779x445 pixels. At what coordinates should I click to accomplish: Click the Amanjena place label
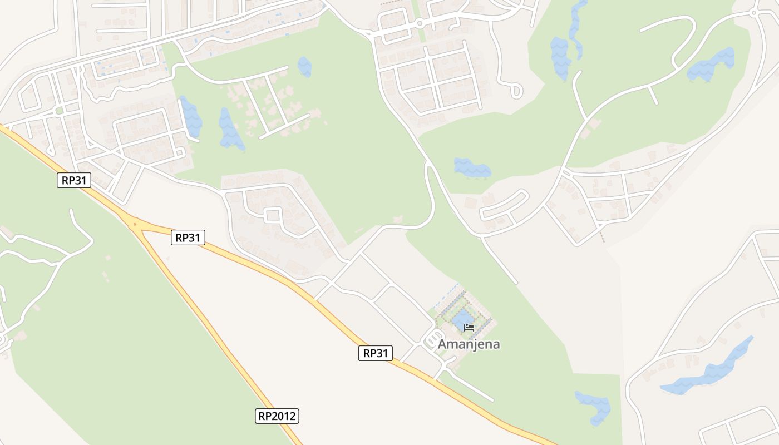pyautogui.click(x=469, y=344)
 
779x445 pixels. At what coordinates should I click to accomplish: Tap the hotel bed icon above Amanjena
pyautogui.click(x=469, y=327)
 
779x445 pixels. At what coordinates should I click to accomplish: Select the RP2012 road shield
pyautogui.click(x=277, y=416)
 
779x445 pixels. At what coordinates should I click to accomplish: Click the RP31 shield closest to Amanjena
pyautogui.click(x=376, y=353)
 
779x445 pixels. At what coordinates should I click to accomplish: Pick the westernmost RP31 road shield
pyautogui.click(x=74, y=180)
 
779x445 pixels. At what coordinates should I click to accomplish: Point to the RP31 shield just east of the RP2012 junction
pyautogui.click(x=188, y=238)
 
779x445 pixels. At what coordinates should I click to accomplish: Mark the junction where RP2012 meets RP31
pyautogui.click(x=134, y=225)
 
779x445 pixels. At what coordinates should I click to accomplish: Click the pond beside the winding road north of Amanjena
pyautogui.click(x=472, y=167)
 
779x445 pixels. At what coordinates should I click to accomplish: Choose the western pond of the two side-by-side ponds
pyautogui.click(x=191, y=116)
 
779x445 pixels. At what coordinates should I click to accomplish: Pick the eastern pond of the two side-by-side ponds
pyautogui.click(x=230, y=130)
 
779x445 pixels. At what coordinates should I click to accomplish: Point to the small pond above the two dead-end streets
pyautogui.click(x=304, y=67)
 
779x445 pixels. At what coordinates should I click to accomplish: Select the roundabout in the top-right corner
pyautogui.click(x=754, y=12)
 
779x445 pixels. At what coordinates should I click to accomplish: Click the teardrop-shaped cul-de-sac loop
pyautogui.click(x=516, y=90)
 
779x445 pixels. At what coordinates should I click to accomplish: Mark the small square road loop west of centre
pyautogui.click(x=272, y=215)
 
